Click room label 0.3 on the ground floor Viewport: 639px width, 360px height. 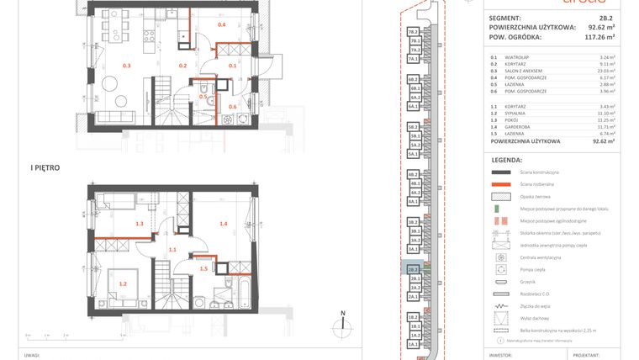coord(127,65)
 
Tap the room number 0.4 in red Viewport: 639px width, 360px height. coord(222,25)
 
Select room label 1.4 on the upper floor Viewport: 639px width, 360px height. coord(224,224)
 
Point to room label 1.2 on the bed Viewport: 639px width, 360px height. coord(123,283)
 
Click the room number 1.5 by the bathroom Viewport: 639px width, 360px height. coord(203,268)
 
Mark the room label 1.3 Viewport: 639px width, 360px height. coord(140,224)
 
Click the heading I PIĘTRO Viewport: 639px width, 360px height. coord(44,168)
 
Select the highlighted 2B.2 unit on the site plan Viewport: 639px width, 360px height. coord(414,270)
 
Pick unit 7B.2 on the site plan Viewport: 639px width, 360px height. coord(414,31)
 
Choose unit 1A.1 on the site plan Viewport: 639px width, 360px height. coord(414,345)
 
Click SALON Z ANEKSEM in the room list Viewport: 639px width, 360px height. coord(526,71)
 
